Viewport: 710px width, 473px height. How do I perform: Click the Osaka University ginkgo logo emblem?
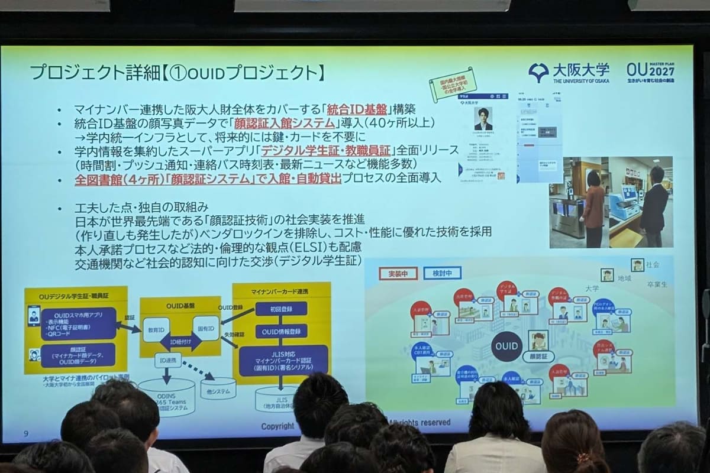click(x=538, y=73)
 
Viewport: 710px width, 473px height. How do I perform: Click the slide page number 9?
click(x=26, y=433)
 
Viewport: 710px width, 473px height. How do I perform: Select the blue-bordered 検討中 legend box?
click(x=443, y=273)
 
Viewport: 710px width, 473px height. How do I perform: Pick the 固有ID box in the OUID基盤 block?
click(x=205, y=328)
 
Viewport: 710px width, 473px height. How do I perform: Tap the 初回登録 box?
click(x=281, y=309)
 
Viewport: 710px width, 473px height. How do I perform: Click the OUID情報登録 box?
click(x=281, y=331)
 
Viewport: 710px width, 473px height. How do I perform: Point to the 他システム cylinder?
click(x=209, y=388)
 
